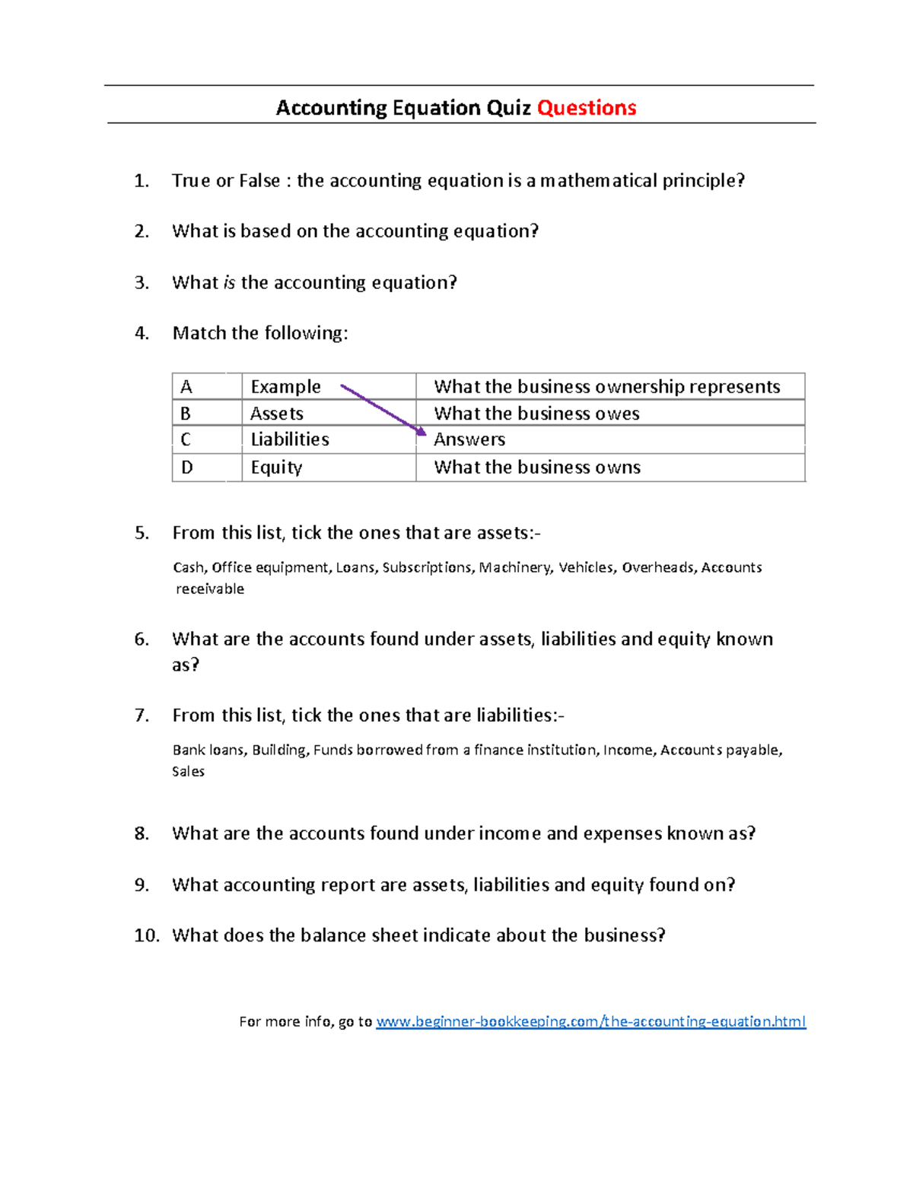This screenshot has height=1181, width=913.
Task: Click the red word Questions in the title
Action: [586, 108]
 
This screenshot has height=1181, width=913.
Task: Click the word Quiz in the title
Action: [508, 108]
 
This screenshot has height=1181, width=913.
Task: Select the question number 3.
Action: [142, 283]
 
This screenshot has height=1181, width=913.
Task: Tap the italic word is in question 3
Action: [229, 283]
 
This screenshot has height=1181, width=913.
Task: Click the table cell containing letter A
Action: [206, 387]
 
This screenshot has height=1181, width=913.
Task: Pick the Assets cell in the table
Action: [328, 414]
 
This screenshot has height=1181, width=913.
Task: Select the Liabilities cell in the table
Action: [328, 440]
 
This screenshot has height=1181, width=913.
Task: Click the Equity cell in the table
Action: [328, 468]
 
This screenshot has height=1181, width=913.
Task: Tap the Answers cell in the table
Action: [609, 440]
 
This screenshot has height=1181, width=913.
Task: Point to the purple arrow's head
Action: [421, 431]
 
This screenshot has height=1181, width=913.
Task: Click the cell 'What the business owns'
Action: [609, 468]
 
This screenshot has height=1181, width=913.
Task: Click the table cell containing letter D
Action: [206, 468]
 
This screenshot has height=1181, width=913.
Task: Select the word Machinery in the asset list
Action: [514, 567]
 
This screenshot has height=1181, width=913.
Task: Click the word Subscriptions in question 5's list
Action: [427, 567]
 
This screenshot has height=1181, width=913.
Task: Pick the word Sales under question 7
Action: [188, 772]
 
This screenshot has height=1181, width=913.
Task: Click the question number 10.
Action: [146, 935]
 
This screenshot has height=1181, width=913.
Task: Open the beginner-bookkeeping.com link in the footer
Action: [590, 1021]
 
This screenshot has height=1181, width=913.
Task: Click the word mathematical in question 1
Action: [599, 181]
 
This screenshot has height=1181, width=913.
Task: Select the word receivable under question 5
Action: [210, 589]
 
